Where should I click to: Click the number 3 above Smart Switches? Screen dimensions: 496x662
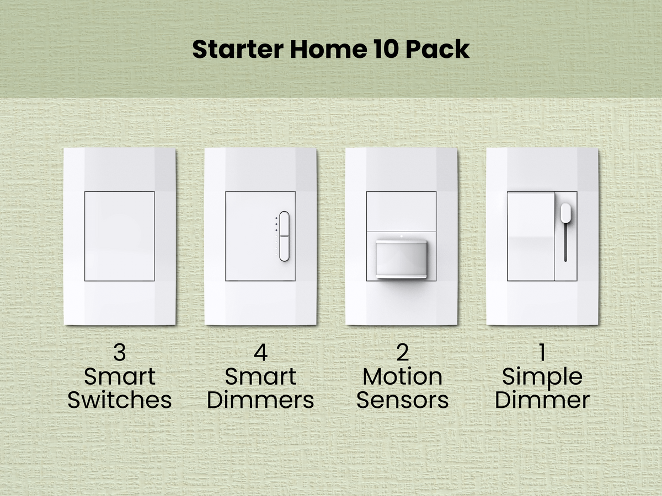pyautogui.click(x=119, y=353)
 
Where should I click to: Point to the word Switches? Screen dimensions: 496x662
pyautogui.click(x=119, y=400)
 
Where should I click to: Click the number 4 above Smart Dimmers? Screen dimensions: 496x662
pyautogui.click(x=260, y=353)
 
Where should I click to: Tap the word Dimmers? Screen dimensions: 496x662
pyautogui.click(x=260, y=400)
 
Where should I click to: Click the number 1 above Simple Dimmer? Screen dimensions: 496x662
pyautogui.click(x=542, y=353)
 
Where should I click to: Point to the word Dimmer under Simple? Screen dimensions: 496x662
pyautogui.click(x=542, y=400)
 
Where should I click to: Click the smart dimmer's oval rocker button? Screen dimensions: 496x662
pyautogui.click(x=284, y=236)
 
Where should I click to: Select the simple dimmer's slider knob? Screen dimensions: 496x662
pyautogui.click(x=566, y=212)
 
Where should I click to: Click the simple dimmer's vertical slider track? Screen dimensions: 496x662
pyautogui.click(x=566, y=242)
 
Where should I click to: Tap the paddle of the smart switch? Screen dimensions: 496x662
pyautogui.click(x=119, y=236)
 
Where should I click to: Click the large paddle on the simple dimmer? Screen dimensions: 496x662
pyautogui.click(x=531, y=236)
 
